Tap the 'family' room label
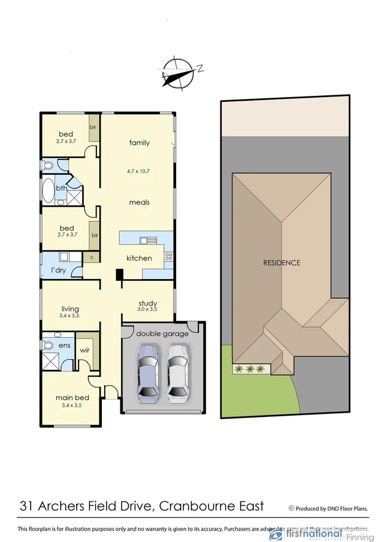click(x=140, y=143)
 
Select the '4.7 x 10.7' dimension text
click(x=138, y=171)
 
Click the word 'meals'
click(x=140, y=202)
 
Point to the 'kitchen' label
click(x=138, y=258)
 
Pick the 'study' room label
click(x=147, y=303)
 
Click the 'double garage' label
click(x=162, y=334)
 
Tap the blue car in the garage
click(x=147, y=371)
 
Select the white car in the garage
click(x=177, y=371)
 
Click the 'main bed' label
click(x=72, y=398)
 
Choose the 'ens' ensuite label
click(x=64, y=346)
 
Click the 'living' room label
click(x=71, y=309)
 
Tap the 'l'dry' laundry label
click(x=58, y=270)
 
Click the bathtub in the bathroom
click(x=48, y=191)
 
